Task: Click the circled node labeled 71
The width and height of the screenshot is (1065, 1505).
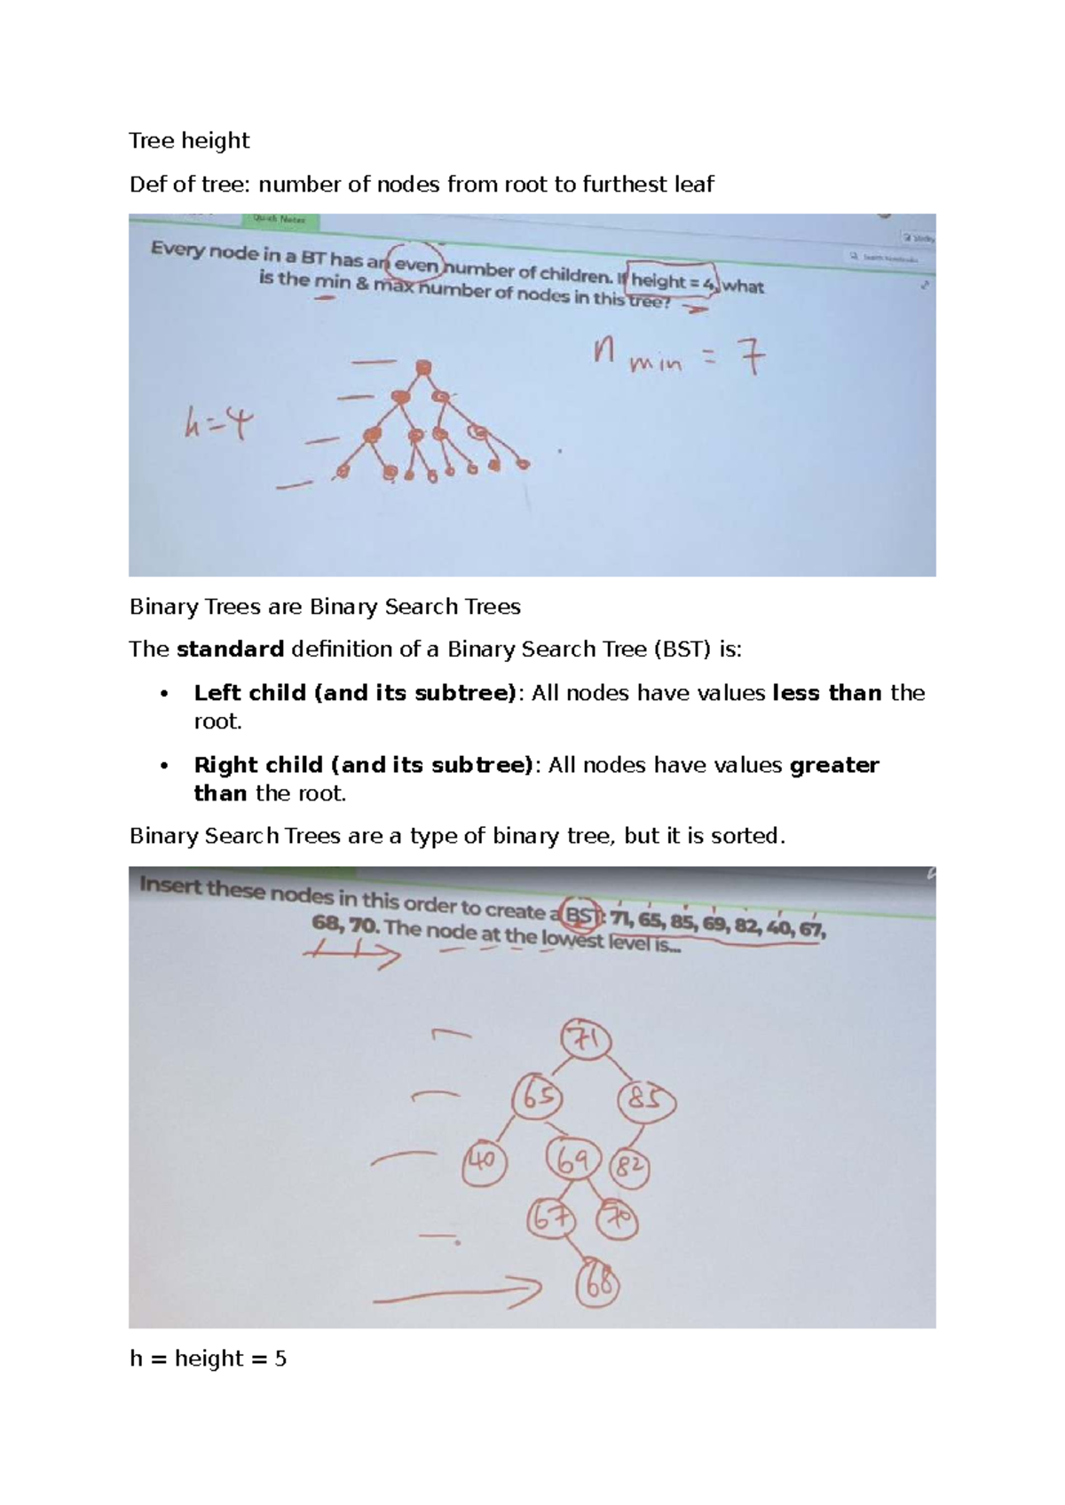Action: [586, 1039]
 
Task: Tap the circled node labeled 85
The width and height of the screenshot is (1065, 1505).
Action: [645, 1100]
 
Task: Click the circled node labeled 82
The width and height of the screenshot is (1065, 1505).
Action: [629, 1168]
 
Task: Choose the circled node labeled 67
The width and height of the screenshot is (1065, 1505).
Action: [550, 1217]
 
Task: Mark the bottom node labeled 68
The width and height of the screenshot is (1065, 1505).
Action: [598, 1284]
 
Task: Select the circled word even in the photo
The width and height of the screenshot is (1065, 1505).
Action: [417, 264]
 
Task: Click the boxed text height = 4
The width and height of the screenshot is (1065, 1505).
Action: [672, 280]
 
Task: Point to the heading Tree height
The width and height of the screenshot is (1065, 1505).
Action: [189, 140]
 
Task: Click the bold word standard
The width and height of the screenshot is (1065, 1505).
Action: [230, 649]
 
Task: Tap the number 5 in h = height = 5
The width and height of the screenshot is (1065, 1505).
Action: [280, 1358]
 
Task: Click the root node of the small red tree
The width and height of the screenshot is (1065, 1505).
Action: [423, 366]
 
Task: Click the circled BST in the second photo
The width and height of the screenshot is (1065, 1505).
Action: [581, 914]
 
